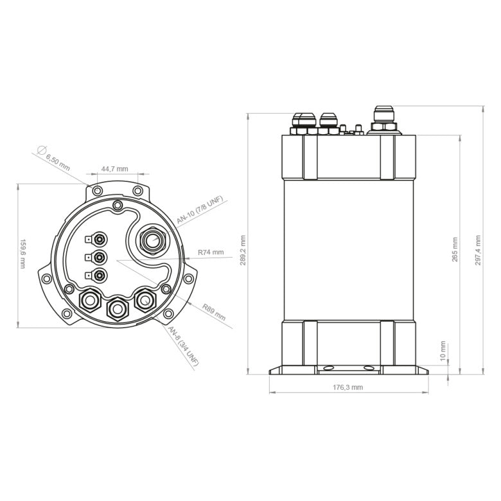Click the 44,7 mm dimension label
114,169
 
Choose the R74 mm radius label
211,252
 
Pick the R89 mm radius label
213,312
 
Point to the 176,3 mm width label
347,387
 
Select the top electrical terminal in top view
98,240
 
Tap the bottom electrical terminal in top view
98,276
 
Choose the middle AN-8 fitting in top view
118,309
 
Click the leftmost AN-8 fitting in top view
89,299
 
